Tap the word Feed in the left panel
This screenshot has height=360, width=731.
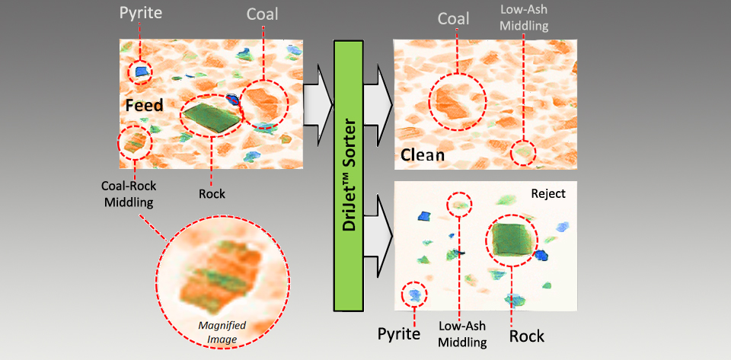point(144,105)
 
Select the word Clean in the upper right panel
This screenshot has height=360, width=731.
point(423,158)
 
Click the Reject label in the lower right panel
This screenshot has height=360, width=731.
point(548,194)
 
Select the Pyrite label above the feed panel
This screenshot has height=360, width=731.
point(142,14)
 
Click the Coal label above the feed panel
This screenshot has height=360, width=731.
point(263,14)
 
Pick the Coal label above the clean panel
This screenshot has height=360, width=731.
point(454,18)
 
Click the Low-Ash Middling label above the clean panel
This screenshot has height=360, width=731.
point(524,18)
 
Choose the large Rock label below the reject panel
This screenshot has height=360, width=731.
point(526,335)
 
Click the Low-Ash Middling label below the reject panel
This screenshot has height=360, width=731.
point(462,334)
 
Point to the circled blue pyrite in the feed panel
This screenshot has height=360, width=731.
point(141,72)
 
